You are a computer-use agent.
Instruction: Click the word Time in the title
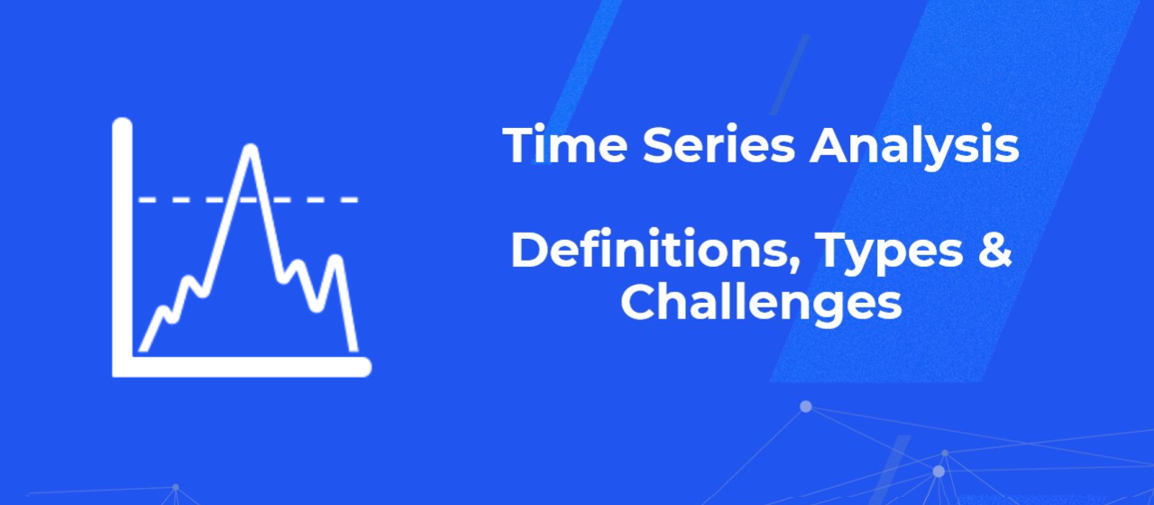tap(552, 146)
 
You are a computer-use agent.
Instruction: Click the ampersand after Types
tap(994, 252)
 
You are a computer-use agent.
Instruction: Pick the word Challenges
tap(761, 304)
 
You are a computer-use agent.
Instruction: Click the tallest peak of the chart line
tap(251, 150)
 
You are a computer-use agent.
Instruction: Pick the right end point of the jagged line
tap(353, 347)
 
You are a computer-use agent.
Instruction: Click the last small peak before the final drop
tap(336, 261)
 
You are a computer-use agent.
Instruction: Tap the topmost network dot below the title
tap(805, 407)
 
